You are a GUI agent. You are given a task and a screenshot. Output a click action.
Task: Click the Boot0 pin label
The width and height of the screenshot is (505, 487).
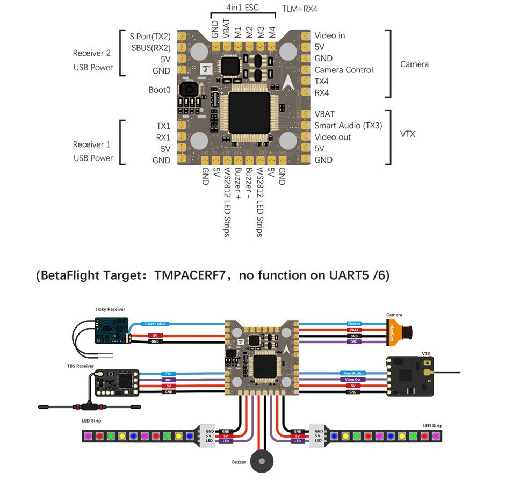pos(160,90)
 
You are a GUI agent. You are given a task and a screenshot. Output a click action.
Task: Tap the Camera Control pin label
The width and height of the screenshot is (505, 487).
pos(343,70)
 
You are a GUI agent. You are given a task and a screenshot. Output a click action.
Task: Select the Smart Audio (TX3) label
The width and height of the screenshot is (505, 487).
pos(348,126)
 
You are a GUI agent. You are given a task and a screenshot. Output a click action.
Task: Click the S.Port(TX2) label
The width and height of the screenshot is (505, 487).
pos(150,37)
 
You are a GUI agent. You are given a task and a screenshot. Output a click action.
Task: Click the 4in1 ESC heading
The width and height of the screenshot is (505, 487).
pos(242,9)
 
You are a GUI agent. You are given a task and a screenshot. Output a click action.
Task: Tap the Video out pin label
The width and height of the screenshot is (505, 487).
pos(333,137)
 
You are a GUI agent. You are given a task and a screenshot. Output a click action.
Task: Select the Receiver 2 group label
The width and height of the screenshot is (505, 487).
pos(92,53)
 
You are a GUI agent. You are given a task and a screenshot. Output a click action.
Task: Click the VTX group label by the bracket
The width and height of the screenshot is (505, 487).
pos(408,133)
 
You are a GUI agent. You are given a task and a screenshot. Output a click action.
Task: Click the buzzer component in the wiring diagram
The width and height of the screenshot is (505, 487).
pos(262,460)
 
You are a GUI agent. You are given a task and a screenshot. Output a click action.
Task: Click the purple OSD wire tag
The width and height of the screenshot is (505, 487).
pos(354,341)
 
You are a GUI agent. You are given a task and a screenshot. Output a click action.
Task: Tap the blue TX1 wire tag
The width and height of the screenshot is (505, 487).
pos(169,373)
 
